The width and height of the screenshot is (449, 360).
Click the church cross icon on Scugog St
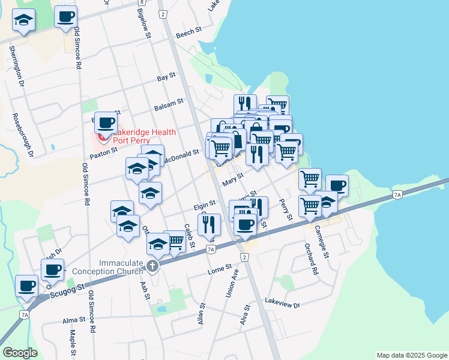[153, 266]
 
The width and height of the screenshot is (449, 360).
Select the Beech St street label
[186, 35]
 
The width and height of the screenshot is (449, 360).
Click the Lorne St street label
[220, 267]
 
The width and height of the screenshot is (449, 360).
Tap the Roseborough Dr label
[22, 135]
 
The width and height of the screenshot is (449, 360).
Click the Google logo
[20, 353]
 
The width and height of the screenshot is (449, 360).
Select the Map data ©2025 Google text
[411, 355]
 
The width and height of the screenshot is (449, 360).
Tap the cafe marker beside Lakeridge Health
[106, 122]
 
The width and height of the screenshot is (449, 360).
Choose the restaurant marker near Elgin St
[209, 224]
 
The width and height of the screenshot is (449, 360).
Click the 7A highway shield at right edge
[397, 194]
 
